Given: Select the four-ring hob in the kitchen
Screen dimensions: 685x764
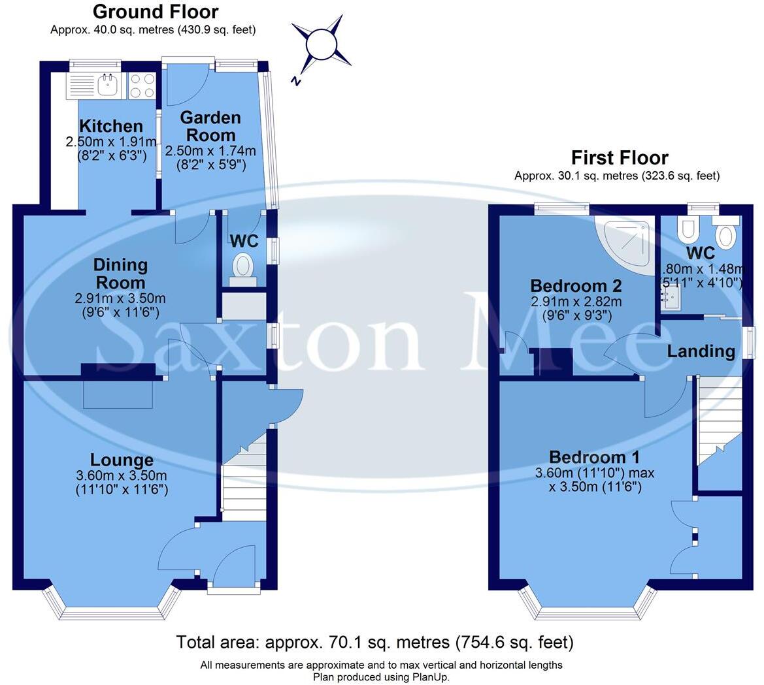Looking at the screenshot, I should point(142,85).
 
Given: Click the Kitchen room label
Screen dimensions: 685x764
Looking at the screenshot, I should point(110,126).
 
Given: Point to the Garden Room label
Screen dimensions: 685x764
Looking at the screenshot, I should point(210,126).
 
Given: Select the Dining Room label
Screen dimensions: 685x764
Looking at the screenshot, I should point(120,274).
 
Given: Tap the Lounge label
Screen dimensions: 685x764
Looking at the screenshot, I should point(122,460).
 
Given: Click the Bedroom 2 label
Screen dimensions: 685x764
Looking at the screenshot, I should point(576,286).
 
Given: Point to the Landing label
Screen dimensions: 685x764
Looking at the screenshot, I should point(701,351).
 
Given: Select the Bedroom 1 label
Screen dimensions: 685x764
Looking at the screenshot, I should point(594,457).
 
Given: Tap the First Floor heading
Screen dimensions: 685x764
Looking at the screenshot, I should point(619,158).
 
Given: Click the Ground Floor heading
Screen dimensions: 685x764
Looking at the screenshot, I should point(156,12).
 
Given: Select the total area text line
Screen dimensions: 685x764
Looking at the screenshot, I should point(374,643).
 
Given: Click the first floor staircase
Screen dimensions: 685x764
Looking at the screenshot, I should point(719,418).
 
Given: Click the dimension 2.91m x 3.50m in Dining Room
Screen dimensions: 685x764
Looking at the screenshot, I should point(120,298).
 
